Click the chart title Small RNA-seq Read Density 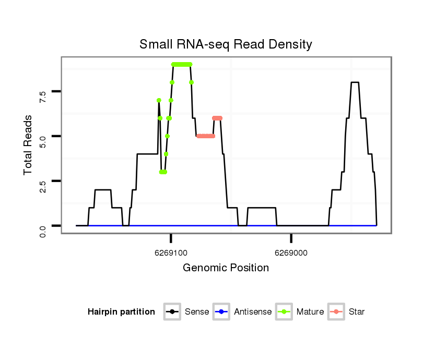coord(226,44)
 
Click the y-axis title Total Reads coord(28,145)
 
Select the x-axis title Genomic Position coord(226,268)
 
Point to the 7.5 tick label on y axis coord(43,96)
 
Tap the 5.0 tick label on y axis coord(43,141)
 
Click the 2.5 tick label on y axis coord(43,186)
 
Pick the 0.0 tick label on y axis coord(43,230)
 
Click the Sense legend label coord(197,312)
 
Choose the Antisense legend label coord(253,312)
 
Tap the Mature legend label coord(310,312)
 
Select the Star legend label coord(357,312)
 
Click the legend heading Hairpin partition coord(121,312)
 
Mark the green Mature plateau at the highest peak coord(182,64)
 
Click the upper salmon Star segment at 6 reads coord(217,118)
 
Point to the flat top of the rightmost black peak coord(355,82)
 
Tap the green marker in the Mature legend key coord(285,312)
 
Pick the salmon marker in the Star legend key coord(337,312)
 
